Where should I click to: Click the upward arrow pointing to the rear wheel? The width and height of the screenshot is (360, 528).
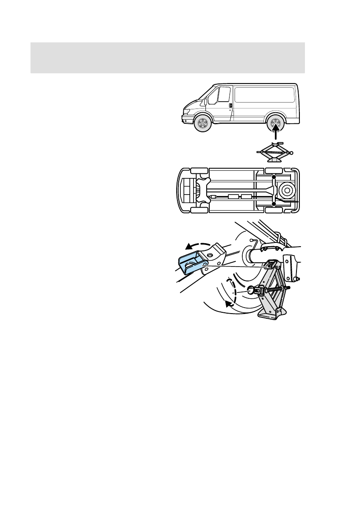click(x=276, y=134)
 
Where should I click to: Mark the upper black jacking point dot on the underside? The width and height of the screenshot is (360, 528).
click(x=274, y=176)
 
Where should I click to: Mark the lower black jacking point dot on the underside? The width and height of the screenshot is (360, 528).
click(x=274, y=204)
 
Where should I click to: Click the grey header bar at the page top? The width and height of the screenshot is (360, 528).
click(x=168, y=57)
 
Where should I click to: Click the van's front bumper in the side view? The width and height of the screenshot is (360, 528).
click(x=185, y=120)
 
